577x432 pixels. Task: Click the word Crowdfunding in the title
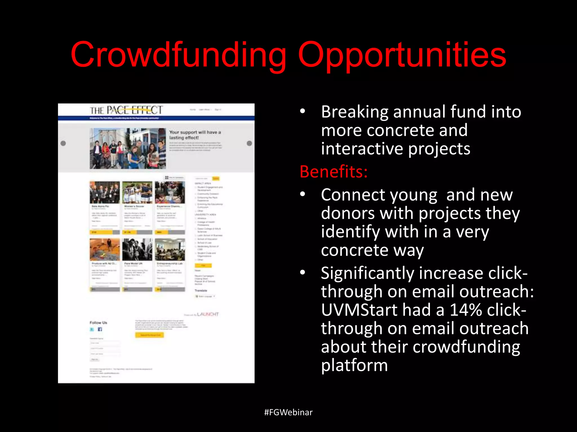[x=178, y=55]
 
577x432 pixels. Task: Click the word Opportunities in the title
[x=402, y=55]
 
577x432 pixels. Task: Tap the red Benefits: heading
[x=334, y=172]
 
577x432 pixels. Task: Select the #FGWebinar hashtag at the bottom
[x=288, y=412]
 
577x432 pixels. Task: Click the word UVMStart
[x=359, y=310]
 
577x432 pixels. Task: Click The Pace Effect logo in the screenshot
[x=126, y=110]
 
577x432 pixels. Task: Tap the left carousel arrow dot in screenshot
[x=63, y=143]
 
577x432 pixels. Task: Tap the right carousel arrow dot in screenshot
[x=249, y=143]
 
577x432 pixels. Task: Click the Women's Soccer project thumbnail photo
[x=137, y=192]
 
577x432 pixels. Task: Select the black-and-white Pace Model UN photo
[x=137, y=249]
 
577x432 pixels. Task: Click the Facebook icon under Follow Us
[x=100, y=329]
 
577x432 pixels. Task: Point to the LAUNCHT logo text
[x=208, y=314]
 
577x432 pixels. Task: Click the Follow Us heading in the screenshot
[x=98, y=323]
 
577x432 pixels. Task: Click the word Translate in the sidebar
[x=201, y=290]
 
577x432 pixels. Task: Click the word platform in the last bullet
[x=354, y=365]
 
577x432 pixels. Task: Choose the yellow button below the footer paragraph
[x=149, y=335]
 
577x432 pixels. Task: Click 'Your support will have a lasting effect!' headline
[x=195, y=135]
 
